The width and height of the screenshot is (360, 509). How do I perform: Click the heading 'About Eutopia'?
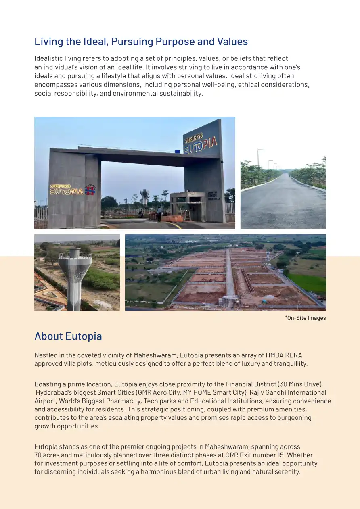click(68, 336)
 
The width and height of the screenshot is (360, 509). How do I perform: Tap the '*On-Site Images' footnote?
click(305, 318)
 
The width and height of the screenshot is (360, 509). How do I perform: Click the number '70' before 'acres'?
click(38, 455)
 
